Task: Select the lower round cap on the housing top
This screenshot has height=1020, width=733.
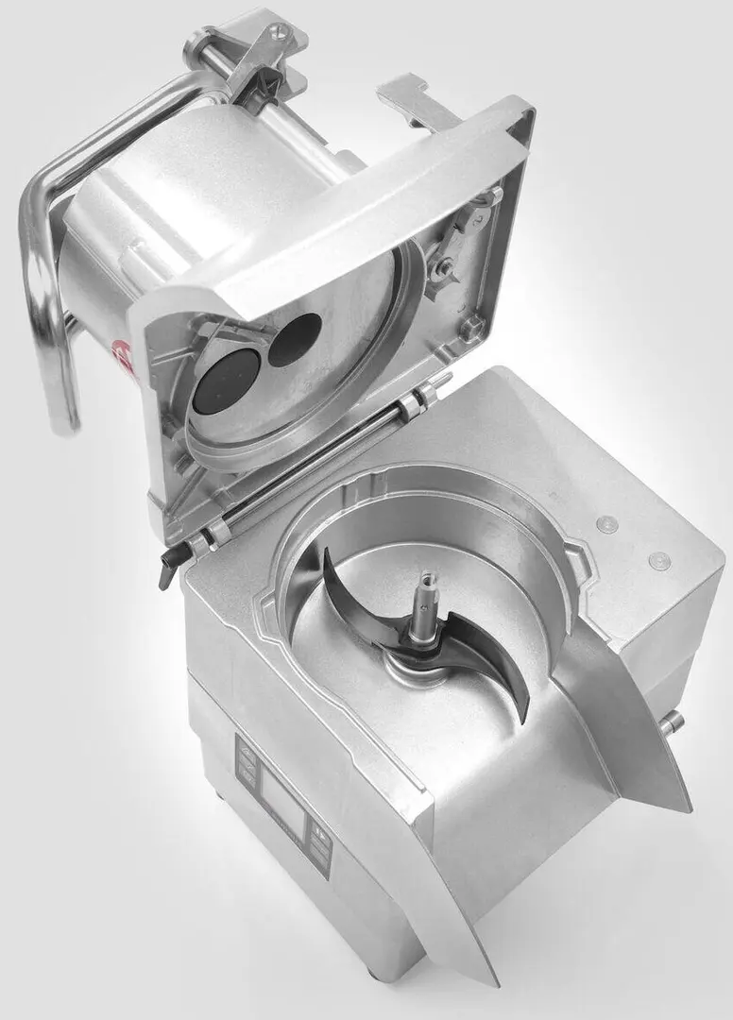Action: point(659,560)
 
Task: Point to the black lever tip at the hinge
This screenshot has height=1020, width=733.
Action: point(169,571)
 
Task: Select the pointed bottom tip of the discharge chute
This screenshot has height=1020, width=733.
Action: point(492,977)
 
